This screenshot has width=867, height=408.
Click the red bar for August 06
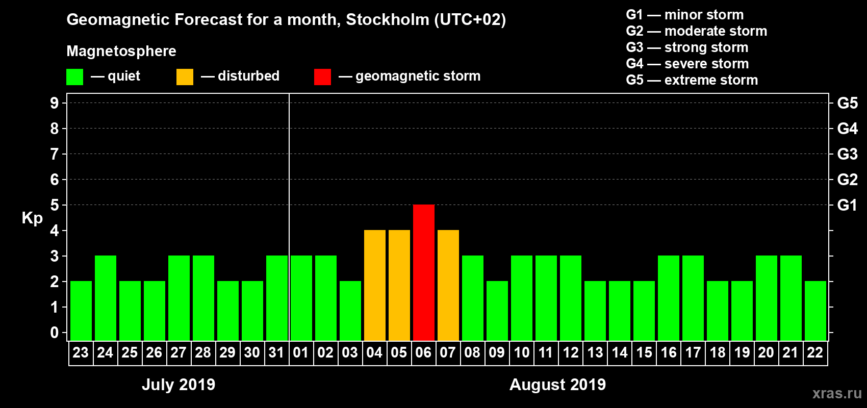point(424,272)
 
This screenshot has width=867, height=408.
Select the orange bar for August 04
point(375,285)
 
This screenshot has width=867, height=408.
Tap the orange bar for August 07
point(448,285)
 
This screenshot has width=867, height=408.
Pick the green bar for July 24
point(106,298)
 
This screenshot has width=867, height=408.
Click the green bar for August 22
point(815,311)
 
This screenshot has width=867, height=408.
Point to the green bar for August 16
point(669,298)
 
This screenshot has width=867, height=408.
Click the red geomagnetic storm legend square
point(322,77)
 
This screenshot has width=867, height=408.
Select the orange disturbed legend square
point(185,77)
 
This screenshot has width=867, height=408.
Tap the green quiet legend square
point(75,77)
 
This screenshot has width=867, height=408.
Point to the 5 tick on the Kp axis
point(55,205)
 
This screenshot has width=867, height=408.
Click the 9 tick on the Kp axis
point(55,103)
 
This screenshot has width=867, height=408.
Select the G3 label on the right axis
point(847,154)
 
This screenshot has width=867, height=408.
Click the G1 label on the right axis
point(847,205)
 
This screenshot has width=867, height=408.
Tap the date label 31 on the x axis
point(276,352)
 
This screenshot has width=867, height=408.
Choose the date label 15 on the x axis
point(644,352)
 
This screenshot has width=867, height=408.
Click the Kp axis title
point(32,218)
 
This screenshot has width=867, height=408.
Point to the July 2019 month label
point(178,385)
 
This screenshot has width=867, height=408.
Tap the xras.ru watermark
point(837,393)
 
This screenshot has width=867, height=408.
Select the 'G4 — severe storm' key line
point(687,64)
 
